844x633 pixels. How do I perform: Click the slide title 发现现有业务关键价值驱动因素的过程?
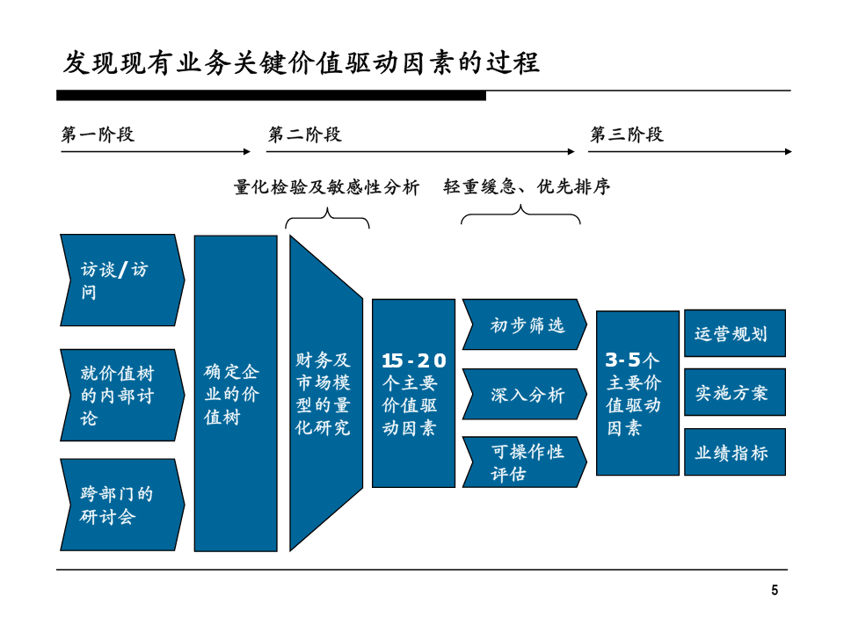tap(302, 62)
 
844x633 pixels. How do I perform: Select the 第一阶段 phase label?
tap(98, 134)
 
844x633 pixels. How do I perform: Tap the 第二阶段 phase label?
tap(305, 134)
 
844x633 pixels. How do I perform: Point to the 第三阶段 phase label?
tap(627, 134)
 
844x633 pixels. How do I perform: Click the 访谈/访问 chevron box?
tap(122, 280)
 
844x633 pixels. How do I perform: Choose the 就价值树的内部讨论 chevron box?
tap(122, 395)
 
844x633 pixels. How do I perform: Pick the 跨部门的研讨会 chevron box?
tap(122, 505)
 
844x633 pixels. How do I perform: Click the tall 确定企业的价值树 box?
tap(236, 394)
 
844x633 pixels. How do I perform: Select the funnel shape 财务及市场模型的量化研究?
tap(326, 394)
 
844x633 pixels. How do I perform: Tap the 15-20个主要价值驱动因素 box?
tap(413, 394)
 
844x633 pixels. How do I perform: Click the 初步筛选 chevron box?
tap(525, 324)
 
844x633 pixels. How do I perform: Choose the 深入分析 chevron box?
tap(525, 394)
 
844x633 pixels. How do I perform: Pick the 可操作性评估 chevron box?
tap(525, 462)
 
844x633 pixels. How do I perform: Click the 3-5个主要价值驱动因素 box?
tap(638, 393)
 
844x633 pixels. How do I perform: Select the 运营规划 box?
tap(735, 333)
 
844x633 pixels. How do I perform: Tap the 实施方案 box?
tap(735, 392)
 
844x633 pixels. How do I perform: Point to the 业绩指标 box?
tap(735, 452)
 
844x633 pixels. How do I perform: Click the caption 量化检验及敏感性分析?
tap(327, 186)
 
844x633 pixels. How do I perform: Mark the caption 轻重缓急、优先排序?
tap(527, 186)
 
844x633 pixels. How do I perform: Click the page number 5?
tap(775, 591)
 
